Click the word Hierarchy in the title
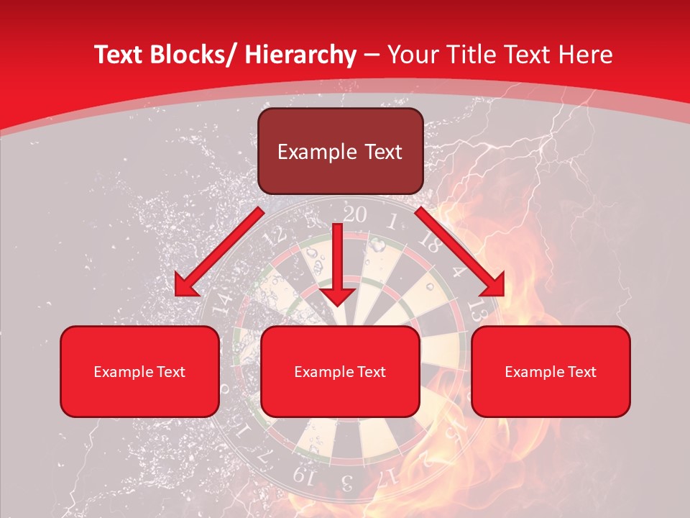tap(300, 55)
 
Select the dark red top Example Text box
tap(340, 152)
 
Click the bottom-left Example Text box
tap(139, 372)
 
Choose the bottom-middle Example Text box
tap(340, 372)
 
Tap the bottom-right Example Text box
tap(551, 372)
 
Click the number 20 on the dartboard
tap(354, 214)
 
